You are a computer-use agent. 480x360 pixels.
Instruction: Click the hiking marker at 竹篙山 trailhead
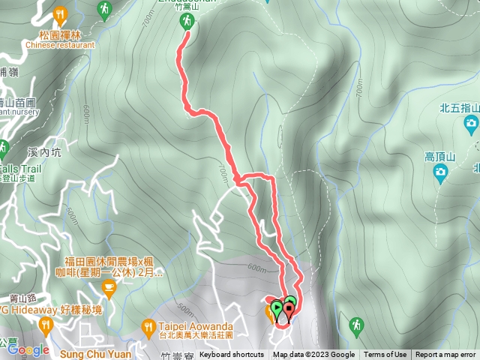[187, 23]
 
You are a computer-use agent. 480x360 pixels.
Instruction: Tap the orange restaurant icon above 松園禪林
[60, 13]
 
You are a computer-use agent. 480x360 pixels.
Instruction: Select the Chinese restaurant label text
[60, 44]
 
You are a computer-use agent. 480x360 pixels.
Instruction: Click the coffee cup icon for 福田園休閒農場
[109, 287]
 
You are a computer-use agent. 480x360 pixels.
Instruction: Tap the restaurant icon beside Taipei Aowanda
[148, 326]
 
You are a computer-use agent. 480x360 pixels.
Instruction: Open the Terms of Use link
[385, 355]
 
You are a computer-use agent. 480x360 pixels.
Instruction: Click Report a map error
[445, 355]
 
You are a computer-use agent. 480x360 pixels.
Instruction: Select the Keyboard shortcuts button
[232, 355]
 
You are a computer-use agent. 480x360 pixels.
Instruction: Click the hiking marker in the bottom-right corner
[355, 325]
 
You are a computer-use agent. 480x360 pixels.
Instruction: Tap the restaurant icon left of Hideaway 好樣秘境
[46, 325]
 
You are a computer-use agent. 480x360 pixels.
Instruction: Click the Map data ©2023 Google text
[313, 355]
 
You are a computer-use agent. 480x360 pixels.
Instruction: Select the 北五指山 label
[458, 107]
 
